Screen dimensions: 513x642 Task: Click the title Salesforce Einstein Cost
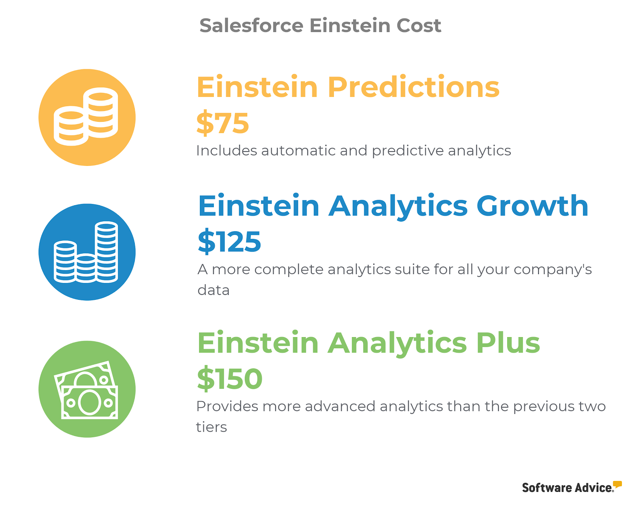320,26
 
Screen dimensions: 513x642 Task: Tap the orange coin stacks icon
87,117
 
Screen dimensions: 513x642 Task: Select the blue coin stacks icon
87,252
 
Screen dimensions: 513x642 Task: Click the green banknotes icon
87,389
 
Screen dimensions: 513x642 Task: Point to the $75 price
223,123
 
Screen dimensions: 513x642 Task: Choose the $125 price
229,242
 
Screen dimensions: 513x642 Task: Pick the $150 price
230,379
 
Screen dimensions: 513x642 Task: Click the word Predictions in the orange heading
413,87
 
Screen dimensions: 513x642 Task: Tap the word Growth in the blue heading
532,206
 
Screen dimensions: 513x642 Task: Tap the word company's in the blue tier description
553,270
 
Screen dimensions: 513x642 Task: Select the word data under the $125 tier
213,290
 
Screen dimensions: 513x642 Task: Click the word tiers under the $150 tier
211,427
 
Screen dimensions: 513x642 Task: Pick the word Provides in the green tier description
227,407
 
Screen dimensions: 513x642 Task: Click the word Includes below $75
226,151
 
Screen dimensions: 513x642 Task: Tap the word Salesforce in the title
252,26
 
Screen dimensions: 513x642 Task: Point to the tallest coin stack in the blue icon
106,252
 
